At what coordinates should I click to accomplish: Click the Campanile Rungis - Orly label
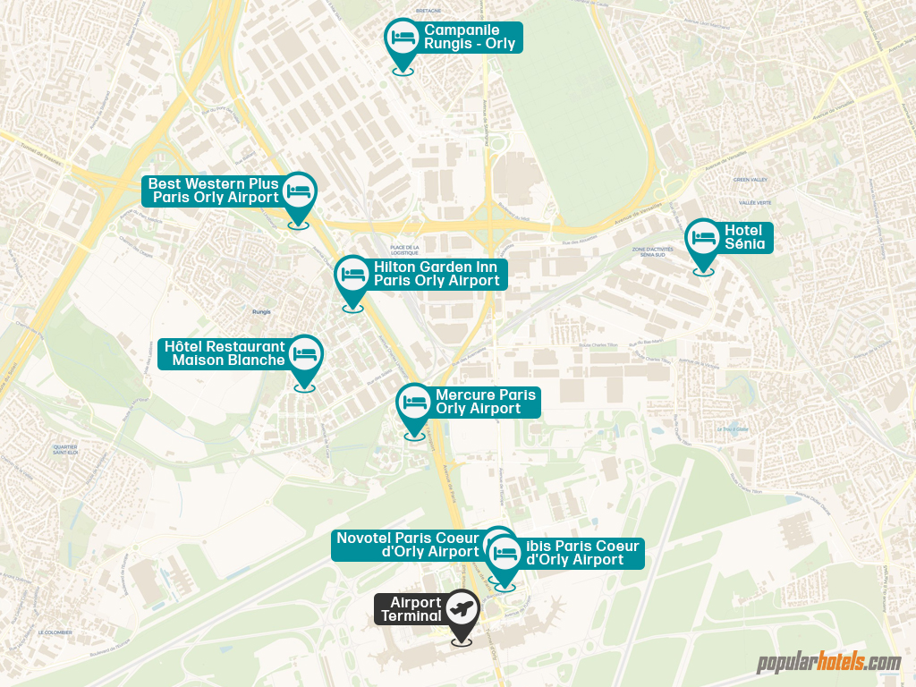(x=469, y=37)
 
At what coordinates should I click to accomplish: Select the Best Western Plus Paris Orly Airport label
(x=215, y=191)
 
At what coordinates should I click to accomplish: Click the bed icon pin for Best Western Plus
(x=299, y=191)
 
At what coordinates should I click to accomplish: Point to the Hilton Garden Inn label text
(x=437, y=274)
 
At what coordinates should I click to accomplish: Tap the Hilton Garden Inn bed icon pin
(x=352, y=275)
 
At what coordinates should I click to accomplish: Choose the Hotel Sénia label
(x=744, y=238)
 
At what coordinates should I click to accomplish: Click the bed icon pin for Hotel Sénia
(x=703, y=238)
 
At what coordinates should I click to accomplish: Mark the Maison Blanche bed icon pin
(x=305, y=354)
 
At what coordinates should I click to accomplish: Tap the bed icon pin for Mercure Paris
(x=414, y=403)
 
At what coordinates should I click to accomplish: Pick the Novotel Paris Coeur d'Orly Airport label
(x=407, y=545)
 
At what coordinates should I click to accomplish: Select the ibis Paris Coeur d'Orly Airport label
(x=582, y=553)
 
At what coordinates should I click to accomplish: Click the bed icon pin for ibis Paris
(x=505, y=553)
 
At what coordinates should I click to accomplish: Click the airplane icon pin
(x=462, y=609)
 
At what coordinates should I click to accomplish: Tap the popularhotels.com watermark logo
(x=828, y=663)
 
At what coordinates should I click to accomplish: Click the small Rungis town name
(x=261, y=312)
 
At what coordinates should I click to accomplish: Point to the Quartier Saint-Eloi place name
(x=65, y=449)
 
